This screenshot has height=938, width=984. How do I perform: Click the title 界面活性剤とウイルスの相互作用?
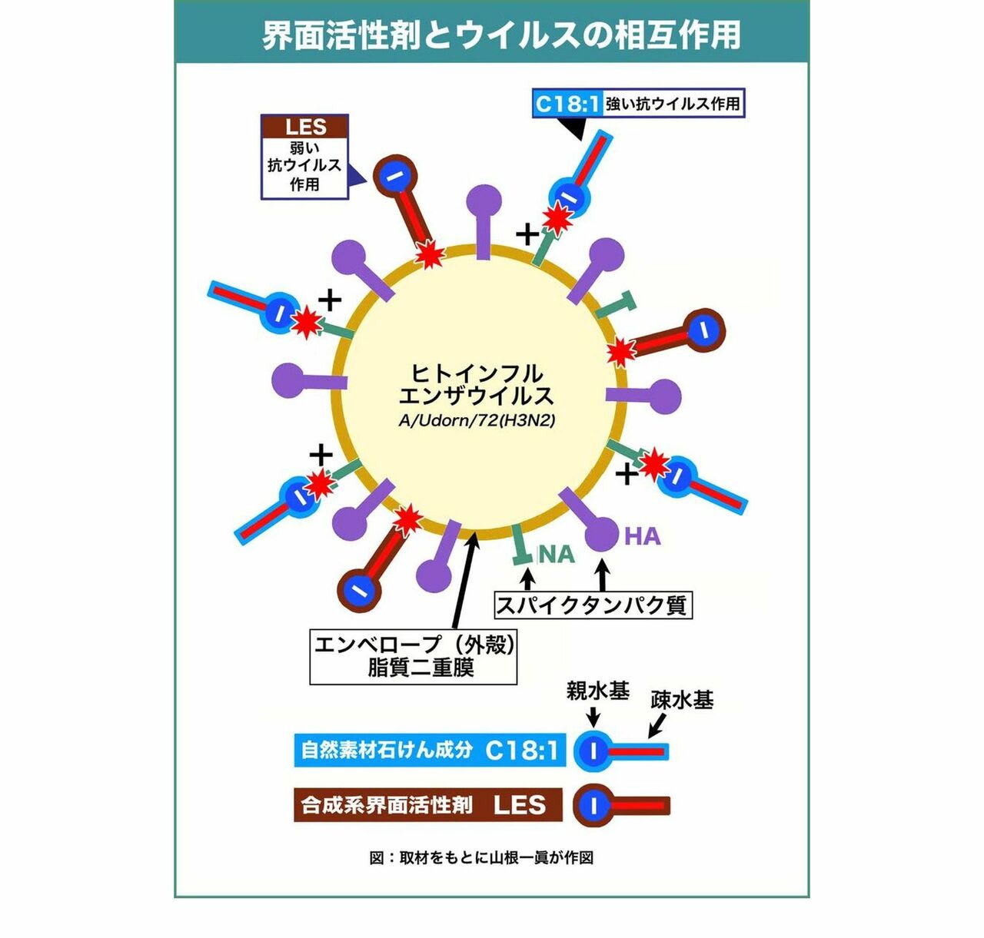coord(500,35)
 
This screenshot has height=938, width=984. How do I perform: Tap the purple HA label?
coord(642,535)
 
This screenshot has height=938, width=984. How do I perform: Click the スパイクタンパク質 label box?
coord(592,605)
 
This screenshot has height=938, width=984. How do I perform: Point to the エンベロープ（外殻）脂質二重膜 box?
coord(414,656)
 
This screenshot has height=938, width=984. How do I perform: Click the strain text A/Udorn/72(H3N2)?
coord(477,421)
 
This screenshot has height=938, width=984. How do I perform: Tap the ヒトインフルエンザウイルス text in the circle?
coord(477,384)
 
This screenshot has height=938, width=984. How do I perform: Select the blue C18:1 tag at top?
coord(567,104)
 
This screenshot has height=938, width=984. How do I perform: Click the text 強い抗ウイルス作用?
coord(673,104)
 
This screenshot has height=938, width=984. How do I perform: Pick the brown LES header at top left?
coord(305,127)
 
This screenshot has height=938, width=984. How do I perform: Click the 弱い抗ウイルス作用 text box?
coord(304,167)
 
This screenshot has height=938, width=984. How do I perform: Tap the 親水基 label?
coord(597,691)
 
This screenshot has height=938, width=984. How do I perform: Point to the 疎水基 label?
coord(682,700)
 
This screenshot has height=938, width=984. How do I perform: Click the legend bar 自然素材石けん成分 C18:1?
coord(429,750)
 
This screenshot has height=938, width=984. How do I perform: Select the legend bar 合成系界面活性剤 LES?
coord(427,805)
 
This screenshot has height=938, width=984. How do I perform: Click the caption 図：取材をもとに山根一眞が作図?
coord(481,857)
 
